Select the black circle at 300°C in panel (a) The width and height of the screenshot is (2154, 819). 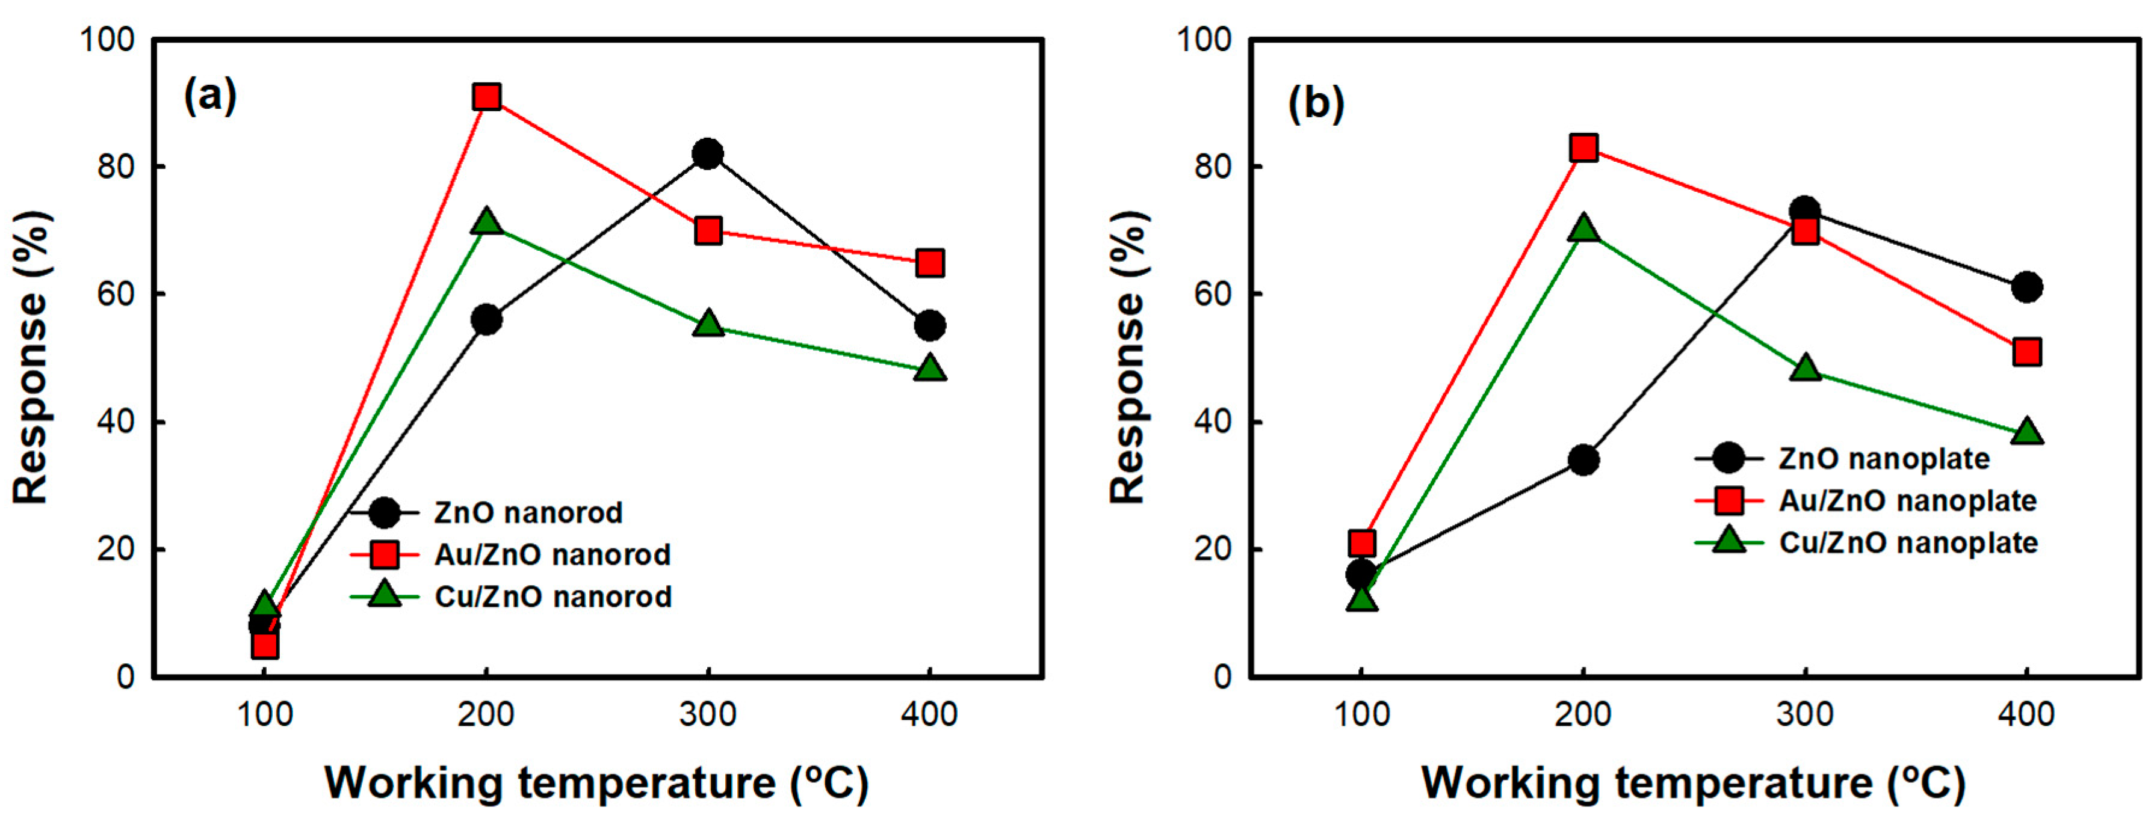707,154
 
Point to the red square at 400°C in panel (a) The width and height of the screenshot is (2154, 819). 930,263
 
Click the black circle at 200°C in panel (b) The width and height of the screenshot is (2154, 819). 1583,459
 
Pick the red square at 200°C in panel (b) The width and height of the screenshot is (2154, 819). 1583,148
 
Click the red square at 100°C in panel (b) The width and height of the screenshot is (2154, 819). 1362,543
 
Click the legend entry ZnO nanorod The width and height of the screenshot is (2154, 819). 528,512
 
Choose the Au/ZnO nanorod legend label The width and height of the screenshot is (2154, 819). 552,555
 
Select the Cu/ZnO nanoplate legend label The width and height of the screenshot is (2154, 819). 1908,543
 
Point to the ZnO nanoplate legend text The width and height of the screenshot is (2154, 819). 1884,459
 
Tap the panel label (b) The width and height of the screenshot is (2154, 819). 1315,103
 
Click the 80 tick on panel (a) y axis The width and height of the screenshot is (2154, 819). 116,167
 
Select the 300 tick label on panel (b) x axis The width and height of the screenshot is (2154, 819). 1806,714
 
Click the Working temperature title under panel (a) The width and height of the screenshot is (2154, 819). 597,783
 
